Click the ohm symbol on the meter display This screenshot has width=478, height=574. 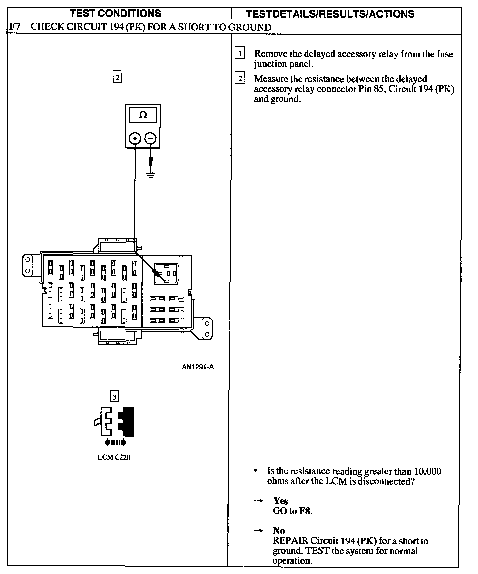click(x=143, y=115)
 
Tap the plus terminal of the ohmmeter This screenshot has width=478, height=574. click(x=135, y=138)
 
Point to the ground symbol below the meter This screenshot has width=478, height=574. click(x=151, y=175)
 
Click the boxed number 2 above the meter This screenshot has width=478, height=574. click(x=117, y=77)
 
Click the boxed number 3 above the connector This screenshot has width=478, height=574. click(x=114, y=396)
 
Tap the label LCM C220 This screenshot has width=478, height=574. click(x=114, y=457)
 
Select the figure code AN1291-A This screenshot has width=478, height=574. click(x=198, y=367)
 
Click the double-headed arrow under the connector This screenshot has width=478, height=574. click(x=115, y=442)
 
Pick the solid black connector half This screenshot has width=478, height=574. click(x=128, y=421)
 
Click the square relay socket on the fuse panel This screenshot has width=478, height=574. click(x=166, y=274)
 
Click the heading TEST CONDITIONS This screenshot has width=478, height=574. click(x=116, y=13)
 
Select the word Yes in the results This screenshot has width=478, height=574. click(x=280, y=501)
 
